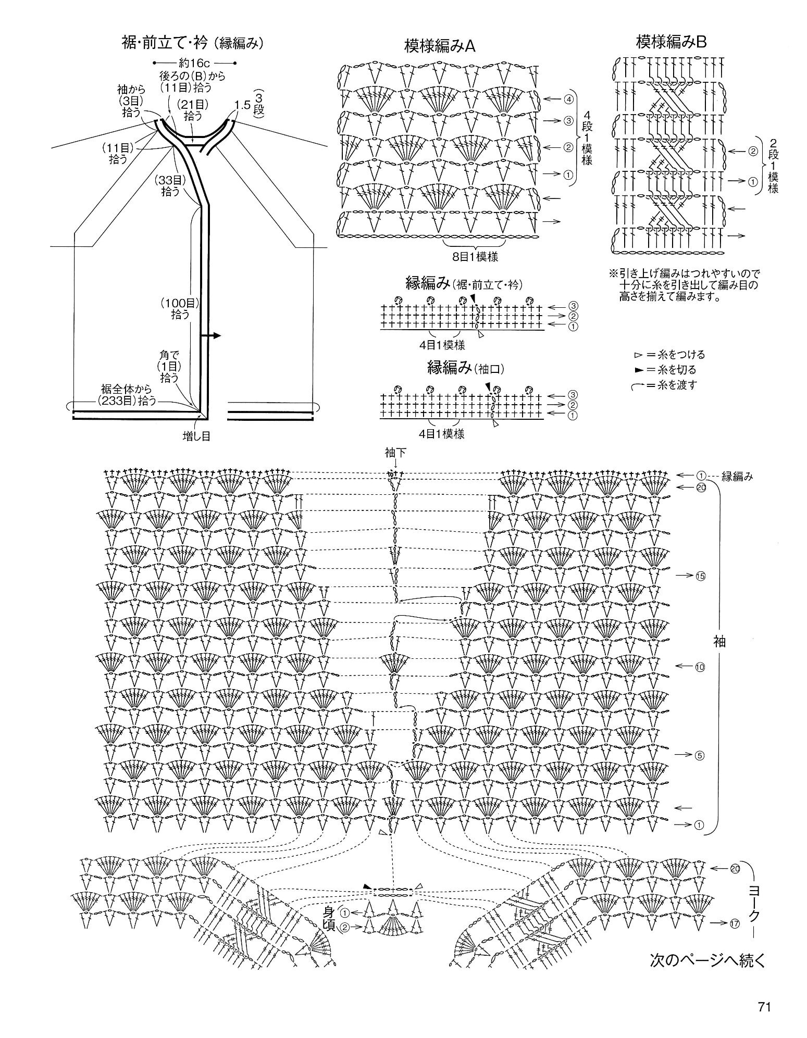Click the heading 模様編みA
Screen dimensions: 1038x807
440,46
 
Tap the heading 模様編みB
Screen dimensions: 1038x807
671,42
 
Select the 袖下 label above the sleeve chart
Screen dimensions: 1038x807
395,453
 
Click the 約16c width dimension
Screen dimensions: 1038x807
195,64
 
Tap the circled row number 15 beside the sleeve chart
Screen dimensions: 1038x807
699,576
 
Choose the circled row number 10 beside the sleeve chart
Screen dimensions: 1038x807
699,667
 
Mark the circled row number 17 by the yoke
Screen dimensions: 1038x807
735,924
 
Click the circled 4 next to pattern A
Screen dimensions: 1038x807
568,99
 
